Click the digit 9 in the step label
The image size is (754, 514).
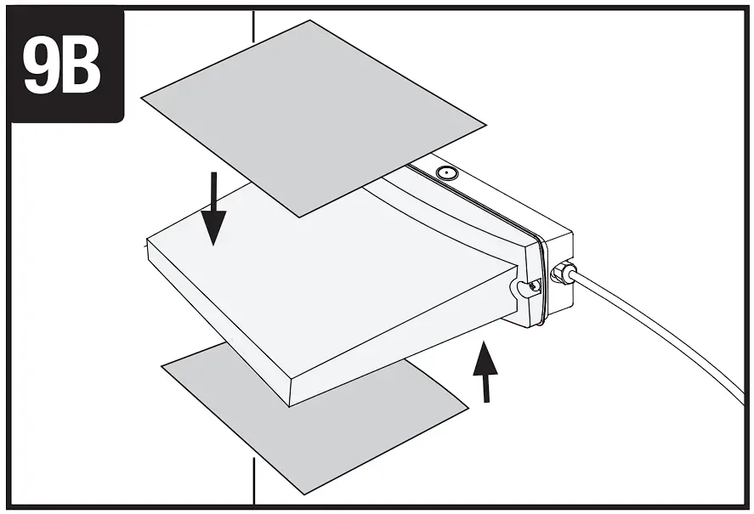coord(40,66)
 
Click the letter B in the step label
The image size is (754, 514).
coord(83,66)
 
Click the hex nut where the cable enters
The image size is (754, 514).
coord(562,274)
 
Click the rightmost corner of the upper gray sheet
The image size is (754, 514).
coord(486,124)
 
